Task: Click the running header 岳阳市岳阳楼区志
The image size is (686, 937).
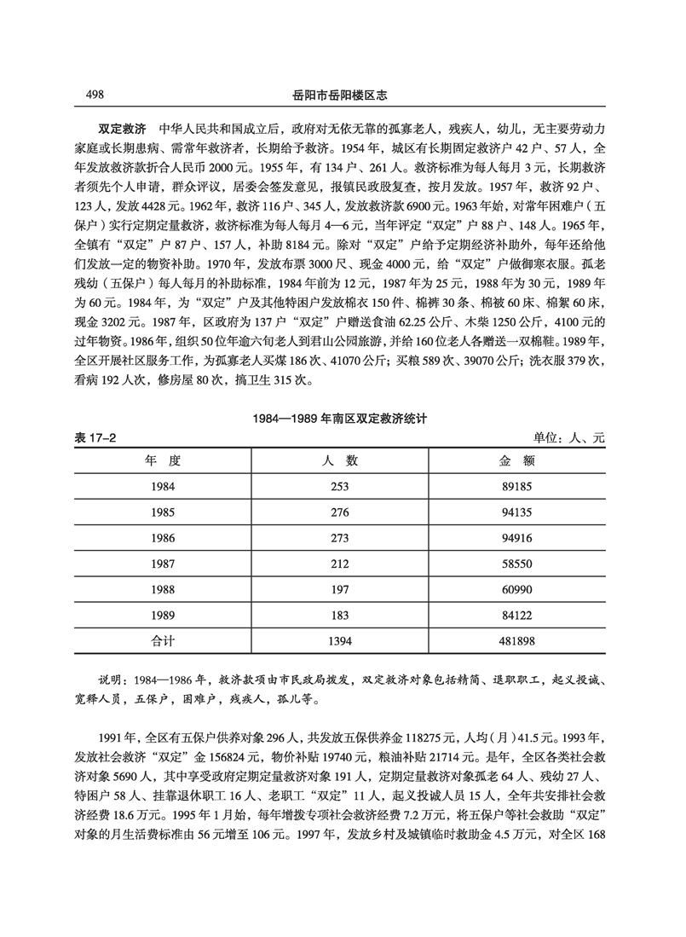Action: tap(343, 95)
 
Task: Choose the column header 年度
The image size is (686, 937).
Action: tap(163, 460)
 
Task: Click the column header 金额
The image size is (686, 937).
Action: tap(516, 460)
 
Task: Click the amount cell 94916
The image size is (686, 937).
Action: tap(516, 540)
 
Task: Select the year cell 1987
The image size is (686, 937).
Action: tap(163, 564)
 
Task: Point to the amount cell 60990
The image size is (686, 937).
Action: tap(516, 590)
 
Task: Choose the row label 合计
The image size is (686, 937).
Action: tap(163, 639)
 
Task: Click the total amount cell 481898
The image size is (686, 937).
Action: tap(516, 639)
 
